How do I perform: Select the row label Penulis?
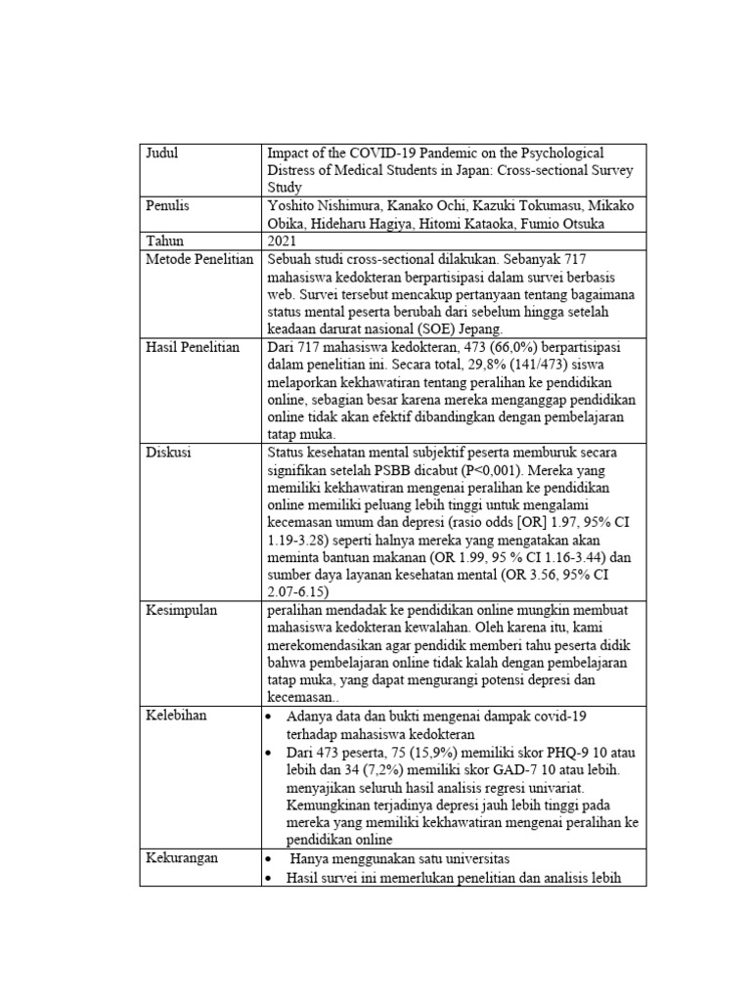tap(168, 205)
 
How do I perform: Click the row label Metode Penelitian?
tap(199, 258)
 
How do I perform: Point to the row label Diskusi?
tap(168, 452)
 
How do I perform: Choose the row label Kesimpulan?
tap(181, 610)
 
